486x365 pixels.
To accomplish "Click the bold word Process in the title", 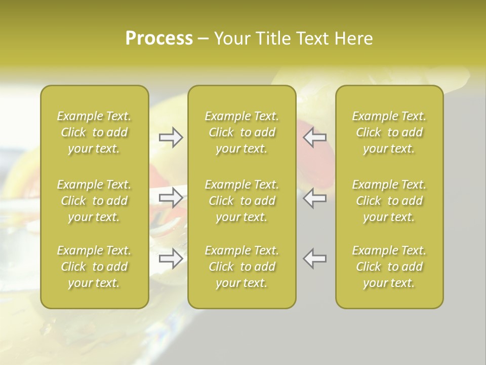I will pyautogui.click(x=159, y=39).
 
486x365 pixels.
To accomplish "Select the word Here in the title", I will pyautogui.click(x=353, y=39).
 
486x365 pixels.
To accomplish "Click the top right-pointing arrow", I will pyautogui.click(x=171, y=137).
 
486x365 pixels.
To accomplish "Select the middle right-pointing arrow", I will pyautogui.click(x=171, y=198).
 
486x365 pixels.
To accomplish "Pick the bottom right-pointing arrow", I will pyautogui.click(x=171, y=259).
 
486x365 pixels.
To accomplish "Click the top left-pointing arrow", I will pyautogui.click(x=314, y=137).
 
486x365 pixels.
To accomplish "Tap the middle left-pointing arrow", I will pyautogui.click(x=314, y=198).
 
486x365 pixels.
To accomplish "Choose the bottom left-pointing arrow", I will pyautogui.click(x=314, y=259).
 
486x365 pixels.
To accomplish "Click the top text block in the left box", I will pyautogui.click(x=94, y=132).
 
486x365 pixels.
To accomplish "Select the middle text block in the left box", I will pyautogui.click(x=94, y=201).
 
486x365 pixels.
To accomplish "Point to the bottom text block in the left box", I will pyautogui.click(x=94, y=267).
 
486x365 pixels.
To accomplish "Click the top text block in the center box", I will pyautogui.click(x=242, y=132).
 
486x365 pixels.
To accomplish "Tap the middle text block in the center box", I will pyautogui.click(x=242, y=201).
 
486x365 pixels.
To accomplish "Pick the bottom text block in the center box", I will pyautogui.click(x=242, y=267).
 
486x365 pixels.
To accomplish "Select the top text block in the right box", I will pyautogui.click(x=389, y=132).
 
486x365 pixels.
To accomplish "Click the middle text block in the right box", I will pyautogui.click(x=389, y=201).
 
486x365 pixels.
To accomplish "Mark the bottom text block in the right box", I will pyautogui.click(x=389, y=267).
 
